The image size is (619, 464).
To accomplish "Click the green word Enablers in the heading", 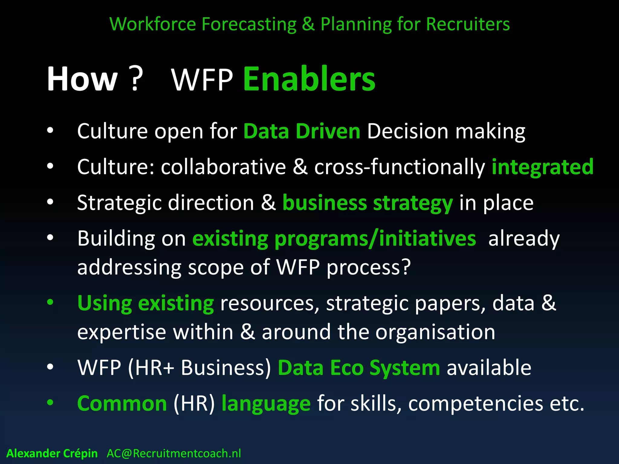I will (x=309, y=79).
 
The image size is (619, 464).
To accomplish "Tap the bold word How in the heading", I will (x=82, y=79).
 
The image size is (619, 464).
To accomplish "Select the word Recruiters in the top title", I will (x=468, y=24).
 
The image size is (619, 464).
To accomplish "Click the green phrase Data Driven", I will (x=302, y=131).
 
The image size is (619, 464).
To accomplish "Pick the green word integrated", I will (x=543, y=167).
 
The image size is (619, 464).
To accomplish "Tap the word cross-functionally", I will (x=399, y=167).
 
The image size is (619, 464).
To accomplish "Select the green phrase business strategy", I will (x=368, y=203).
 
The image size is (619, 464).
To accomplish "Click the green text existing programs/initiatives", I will (x=334, y=239).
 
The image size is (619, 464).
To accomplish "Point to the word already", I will (x=524, y=239).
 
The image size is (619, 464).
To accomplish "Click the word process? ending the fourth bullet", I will (x=368, y=267).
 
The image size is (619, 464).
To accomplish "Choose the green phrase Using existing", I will (x=145, y=303).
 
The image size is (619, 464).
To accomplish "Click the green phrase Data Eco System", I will (x=359, y=368).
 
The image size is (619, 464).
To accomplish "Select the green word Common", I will (x=122, y=404).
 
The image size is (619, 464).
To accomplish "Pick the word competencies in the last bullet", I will (x=475, y=404).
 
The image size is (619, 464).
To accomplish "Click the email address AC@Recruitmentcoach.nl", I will (x=174, y=453).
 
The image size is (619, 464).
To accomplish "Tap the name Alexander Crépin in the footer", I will (x=52, y=453).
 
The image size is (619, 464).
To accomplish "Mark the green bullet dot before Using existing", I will (x=50, y=302).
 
